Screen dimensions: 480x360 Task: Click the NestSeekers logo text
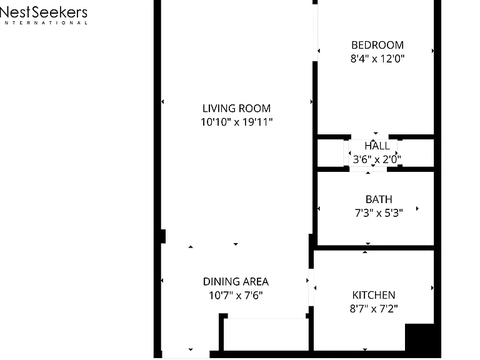[x=44, y=12]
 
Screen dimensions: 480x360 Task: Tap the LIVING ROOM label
[x=236, y=108]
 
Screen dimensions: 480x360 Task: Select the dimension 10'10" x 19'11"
[x=236, y=122]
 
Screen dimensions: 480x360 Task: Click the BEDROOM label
[x=377, y=45]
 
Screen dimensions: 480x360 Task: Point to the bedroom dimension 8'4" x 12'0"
[x=377, y=59]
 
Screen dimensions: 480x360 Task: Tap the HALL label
[x=377, y=146]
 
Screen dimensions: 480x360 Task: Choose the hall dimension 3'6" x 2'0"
[x=377, y=159]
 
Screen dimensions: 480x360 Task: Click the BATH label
[x=379, y=199]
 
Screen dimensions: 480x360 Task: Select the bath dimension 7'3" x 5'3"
[x=379, y=212]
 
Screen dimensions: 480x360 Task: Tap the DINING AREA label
[x=236, y=282]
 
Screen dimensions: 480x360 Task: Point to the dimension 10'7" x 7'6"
[x=236, y=296]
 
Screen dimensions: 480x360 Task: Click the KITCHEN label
[x=374, y=295]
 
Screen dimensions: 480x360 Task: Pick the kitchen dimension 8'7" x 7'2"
[x=374, y=309]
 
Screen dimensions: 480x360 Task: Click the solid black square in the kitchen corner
[x=419, y=337]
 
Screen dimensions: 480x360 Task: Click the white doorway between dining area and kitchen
[x=311, y=287]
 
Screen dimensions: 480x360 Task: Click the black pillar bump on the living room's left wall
[x=164, y=236]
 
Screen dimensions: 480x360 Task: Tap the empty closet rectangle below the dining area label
[x=266, y=334]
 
